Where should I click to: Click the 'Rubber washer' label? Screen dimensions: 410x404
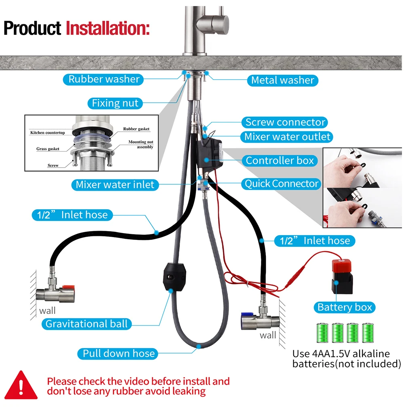point(104,79)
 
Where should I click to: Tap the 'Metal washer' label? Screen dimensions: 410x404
point(282,80)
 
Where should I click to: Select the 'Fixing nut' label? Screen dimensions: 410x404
point(115,103)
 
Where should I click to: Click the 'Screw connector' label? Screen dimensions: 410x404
point(285,122)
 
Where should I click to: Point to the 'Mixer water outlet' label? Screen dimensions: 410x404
point(287,137)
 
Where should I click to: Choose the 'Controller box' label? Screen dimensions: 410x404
point(280,160)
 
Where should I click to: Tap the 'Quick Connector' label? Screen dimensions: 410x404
point(282,184)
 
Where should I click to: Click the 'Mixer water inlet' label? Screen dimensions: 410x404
point(115,185)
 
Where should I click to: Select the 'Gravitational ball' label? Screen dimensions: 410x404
point(86,324)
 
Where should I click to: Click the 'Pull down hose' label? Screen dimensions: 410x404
point(119,353)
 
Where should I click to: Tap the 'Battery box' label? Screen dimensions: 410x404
point(344,307)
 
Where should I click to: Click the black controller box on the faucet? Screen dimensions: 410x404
point(210,154)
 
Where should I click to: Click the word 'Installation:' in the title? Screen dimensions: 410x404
point(107,29)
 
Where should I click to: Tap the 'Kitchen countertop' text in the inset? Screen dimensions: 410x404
point(48,133)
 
